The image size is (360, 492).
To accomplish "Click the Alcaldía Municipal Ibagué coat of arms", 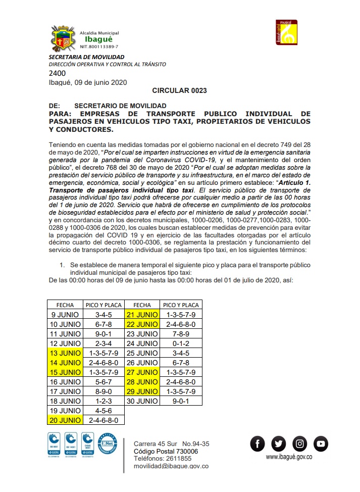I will point(63,37).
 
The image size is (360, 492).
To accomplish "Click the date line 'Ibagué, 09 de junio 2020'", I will point(88,82).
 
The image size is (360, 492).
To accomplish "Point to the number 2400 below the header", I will point(57,73).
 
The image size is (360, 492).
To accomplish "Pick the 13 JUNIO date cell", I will point(65,353).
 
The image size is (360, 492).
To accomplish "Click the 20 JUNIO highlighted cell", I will point(65,420).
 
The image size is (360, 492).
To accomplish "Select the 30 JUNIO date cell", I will point(142,401).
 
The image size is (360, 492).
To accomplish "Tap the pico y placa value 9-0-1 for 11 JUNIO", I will point(103,334).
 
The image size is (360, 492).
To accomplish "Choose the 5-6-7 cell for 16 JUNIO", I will point(103,382).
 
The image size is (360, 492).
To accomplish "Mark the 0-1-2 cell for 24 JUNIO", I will point(181,343).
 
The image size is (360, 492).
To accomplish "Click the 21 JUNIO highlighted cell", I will point(142,315).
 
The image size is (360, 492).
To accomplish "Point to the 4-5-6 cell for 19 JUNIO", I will point(103,411).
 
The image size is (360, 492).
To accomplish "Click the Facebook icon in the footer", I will point(258,444).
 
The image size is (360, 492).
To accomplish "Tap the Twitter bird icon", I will point(278,444).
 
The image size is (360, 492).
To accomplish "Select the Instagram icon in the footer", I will point(300,444).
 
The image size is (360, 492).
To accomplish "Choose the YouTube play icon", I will point(321,444).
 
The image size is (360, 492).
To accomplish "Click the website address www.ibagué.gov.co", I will point(289,457).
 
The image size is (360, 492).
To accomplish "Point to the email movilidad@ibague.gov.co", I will point(171,467).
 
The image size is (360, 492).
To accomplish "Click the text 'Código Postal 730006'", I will point(166,451).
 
